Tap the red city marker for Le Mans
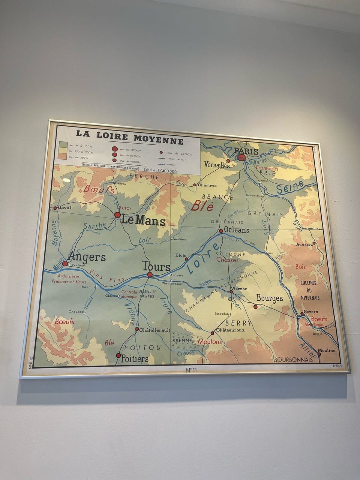tap(117, 215)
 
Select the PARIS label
tap(246, 151)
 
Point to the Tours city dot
tap(150, 274)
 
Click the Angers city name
tap(87, 257)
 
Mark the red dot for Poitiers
tap(118, 355)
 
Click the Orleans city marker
tap(221, 231)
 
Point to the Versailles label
tap(217, 164)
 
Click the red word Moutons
tap(210, 342)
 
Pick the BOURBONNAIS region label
tap(294, 360)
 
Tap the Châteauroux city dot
tap(212, 333)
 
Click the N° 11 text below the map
tap(191, 370)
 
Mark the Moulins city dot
tap(319, 354)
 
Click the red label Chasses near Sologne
tap(227, 259)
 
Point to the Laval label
tap(64, 207)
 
